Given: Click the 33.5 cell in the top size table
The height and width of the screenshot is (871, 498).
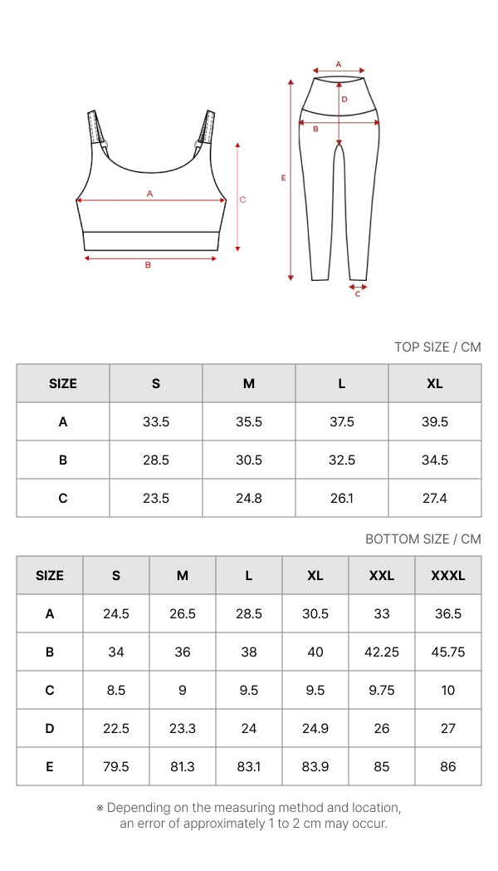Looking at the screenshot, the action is click(x=156, y=422).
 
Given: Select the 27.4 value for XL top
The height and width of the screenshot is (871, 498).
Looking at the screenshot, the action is click(x=435, y=499).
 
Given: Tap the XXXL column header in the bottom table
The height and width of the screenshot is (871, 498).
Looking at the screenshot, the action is click(x=448, y=575).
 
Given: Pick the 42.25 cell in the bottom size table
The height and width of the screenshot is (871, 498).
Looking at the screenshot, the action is click(x=382, y=652).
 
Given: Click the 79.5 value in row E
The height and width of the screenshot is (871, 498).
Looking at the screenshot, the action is click(x=116, y=767).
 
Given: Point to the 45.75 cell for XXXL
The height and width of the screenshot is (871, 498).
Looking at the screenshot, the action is click(x=448, y=652).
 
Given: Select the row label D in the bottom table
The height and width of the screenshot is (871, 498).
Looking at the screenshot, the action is click(x=49, y=729).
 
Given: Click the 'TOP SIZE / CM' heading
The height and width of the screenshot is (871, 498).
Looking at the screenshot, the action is click(x=437, y=347).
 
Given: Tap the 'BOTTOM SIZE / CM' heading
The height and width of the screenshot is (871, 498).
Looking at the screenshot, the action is click(x=423, y=539).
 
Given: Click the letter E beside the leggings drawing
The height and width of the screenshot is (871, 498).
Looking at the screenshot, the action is click(x=283, y=178).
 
